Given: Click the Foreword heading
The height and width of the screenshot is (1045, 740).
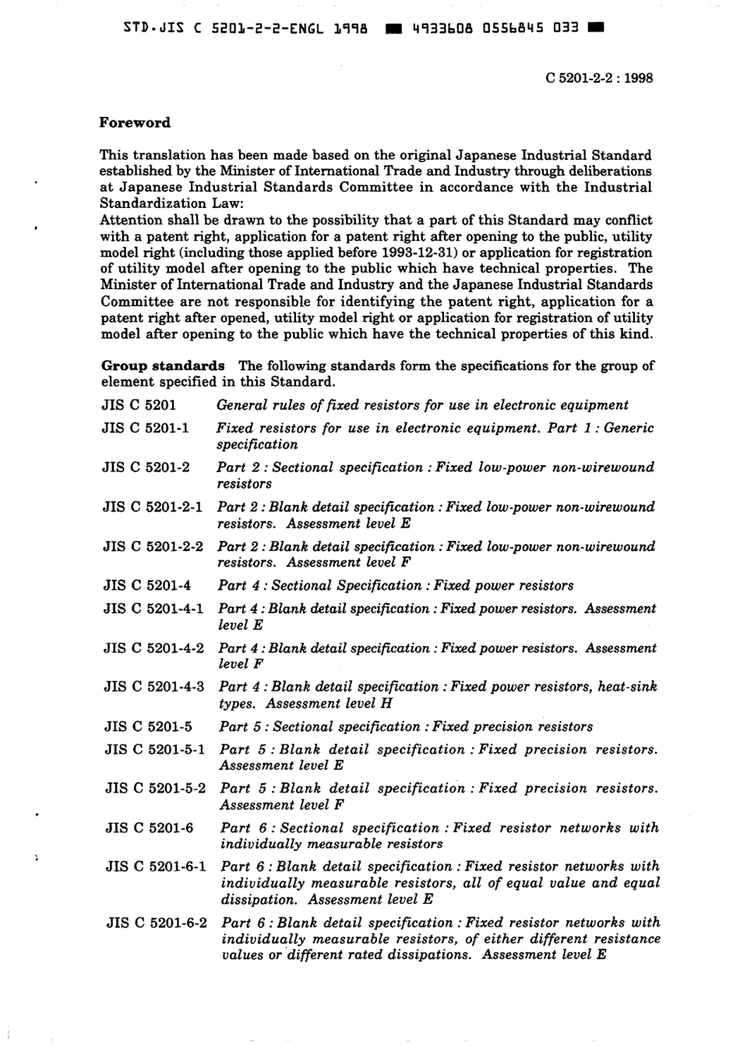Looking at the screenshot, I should (x=135, y=122).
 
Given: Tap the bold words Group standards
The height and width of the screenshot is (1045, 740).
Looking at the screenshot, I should (x=163, y=365).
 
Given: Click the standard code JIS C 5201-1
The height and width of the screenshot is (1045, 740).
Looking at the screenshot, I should (x=145, y=428).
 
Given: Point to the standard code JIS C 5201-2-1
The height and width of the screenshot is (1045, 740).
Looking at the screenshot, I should (x=153, y=507).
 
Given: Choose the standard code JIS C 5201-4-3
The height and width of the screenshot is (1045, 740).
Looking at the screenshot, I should (x=154, y=687).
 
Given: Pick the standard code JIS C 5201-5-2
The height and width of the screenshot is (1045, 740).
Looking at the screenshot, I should (x=155, y=788).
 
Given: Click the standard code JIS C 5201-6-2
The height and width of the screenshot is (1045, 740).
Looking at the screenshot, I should (x=157, y=923).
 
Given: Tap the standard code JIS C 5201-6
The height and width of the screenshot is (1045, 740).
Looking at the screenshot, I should (x=149, y=828).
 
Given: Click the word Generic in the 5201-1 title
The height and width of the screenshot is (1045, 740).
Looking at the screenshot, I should (x=629, y=428).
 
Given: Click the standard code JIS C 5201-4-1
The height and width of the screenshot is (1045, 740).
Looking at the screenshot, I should (x=153, y=609).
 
